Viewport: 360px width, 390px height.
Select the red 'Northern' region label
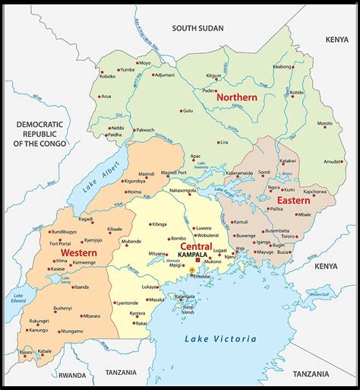pos(236,97)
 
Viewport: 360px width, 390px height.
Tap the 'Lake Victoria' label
pos(220,339)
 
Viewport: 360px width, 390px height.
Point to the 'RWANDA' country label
pos(72,375)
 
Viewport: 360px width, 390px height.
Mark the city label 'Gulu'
pos(187,111)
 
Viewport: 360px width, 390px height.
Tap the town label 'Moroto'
pos(324,123)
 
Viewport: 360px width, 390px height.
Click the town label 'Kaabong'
pos(283,67)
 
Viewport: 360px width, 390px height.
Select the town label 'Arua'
pos(106,97)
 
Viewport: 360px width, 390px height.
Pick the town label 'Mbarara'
pos(91,315)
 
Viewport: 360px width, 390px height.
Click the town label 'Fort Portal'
pos(60,243)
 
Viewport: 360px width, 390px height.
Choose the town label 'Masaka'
pos(156,300)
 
